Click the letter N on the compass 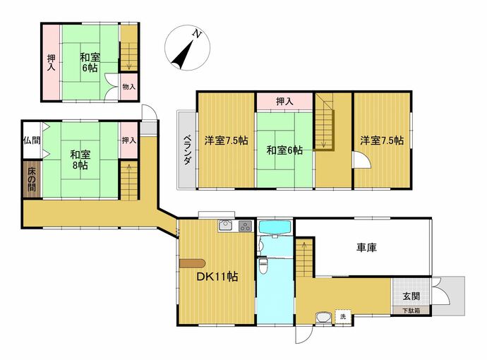(196, 33)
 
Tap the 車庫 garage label (366, 248)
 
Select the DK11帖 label (217, 277)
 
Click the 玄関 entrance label (411, 296)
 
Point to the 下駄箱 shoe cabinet (411, 311)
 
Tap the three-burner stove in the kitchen (246, 225)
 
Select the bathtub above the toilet (275, 227)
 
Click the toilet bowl (263, 267)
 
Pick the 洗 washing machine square (343, 317)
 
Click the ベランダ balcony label (187, 150)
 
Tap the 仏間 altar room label (32, 140)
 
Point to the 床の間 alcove (32, 179)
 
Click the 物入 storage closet (129, 87)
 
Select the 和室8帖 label (80, 160)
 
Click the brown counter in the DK (192, 263)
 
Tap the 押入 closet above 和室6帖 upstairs (284, 101)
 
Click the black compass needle (182, 55)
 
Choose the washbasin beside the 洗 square (324, 318)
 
